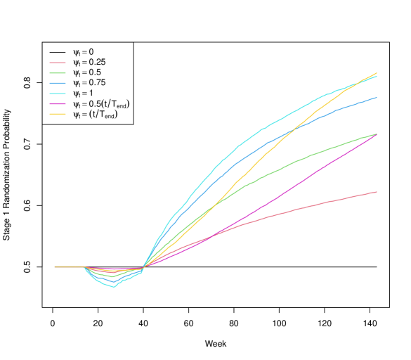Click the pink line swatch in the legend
[58, 63]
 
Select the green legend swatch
[58, 73]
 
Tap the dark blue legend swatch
[58, 83]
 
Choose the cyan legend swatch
[58, 94]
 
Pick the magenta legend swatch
[58, 104]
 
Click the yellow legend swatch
[58, 114]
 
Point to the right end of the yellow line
[377, 73]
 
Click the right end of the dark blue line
[377, 98]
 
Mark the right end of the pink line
[377, 192]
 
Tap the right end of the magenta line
[377, 134]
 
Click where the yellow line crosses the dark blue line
[294, 129]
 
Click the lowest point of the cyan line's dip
[115, 287]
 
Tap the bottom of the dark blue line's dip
[112, 281]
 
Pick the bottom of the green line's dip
[112, 276]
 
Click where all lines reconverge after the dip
[143, 268]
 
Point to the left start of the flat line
[56, 267]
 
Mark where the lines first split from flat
[84, 267]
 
